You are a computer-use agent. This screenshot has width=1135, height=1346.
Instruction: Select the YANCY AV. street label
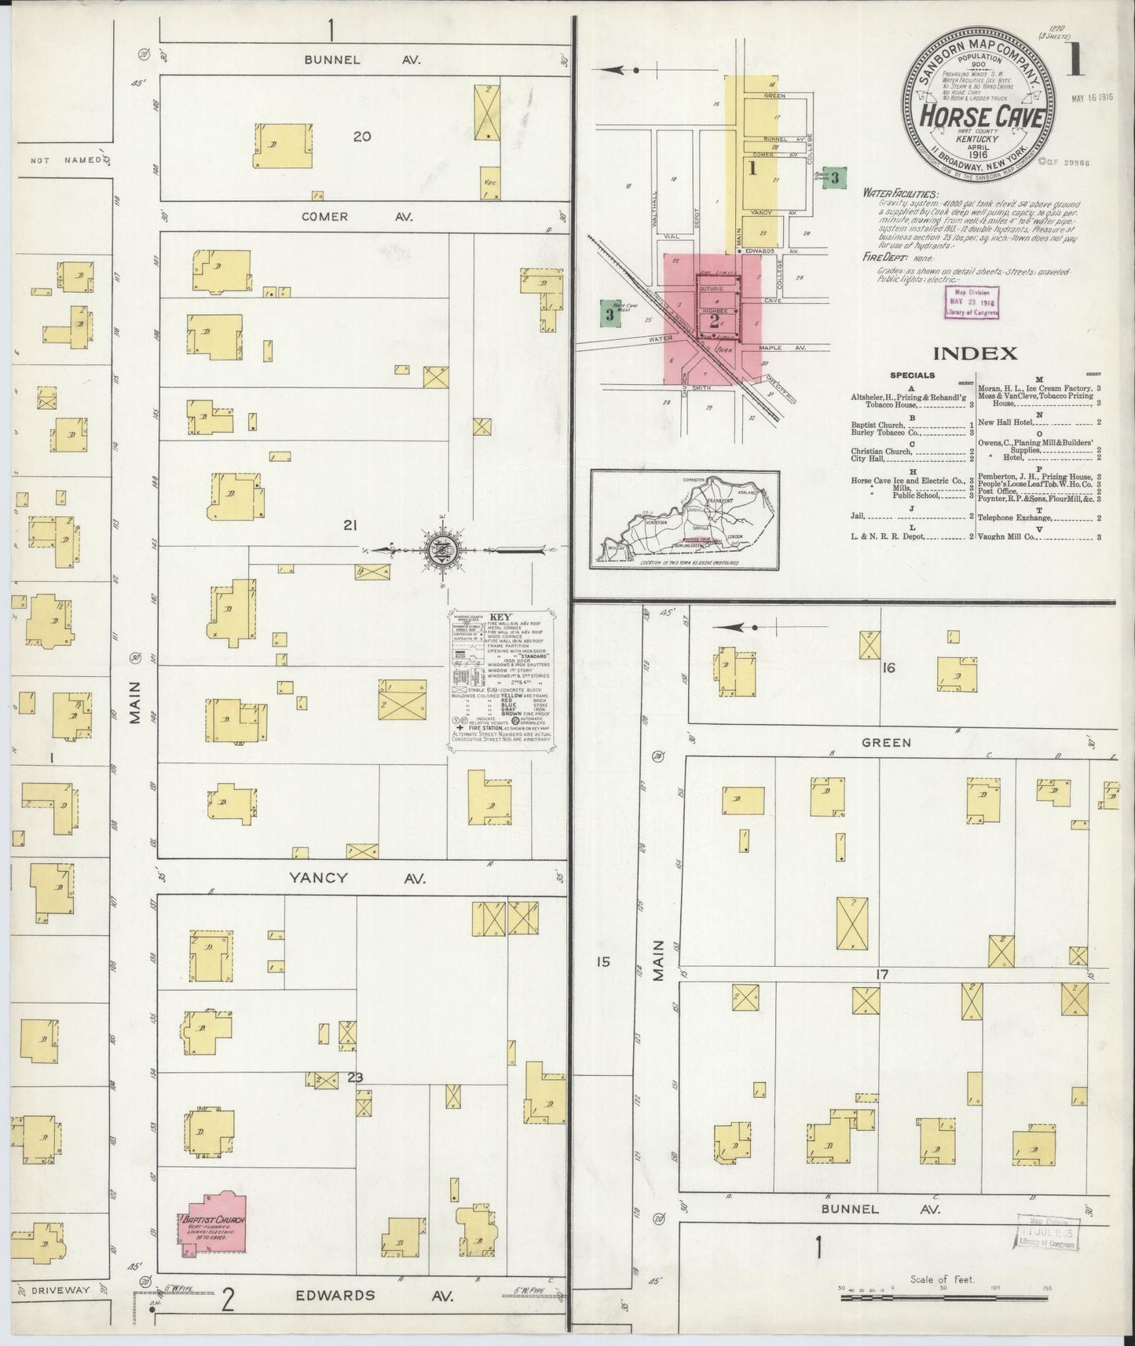pyautogui.click(x=361, y=879)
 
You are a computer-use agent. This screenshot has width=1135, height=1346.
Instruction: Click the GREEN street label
pyautogui.click(x=886, y=742)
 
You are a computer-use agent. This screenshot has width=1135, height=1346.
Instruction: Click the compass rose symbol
pyautogui.click(x=438, y=549)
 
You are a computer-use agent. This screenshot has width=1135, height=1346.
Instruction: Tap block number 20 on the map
pyautogui.click(x=361, y=137)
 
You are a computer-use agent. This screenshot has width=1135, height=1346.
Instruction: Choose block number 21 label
pyautogui.click(x=350, y=526)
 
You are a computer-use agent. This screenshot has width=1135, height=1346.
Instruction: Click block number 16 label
pyautogui.click(x=888, y=668)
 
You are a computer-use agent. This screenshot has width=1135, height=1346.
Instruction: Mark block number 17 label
pyautogui.click(x=882, y=975)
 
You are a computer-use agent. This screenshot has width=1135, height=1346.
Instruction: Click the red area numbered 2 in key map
pyautogui.click(x=713, y=320)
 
